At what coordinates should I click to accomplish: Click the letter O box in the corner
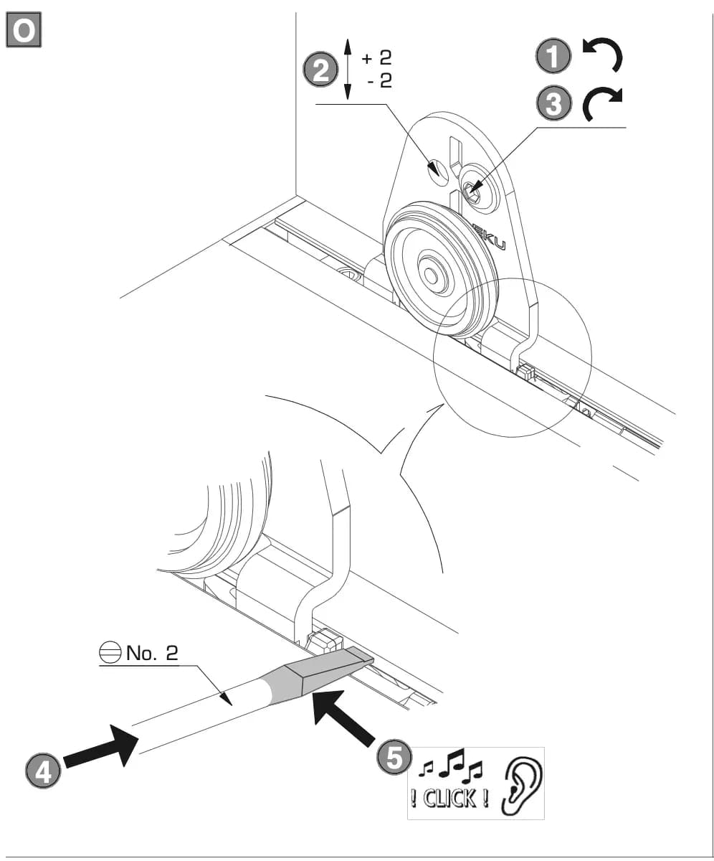[x=24, y=29]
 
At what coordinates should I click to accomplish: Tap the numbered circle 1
[x=553, y=56]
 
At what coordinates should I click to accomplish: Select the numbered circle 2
[x=320, y=70]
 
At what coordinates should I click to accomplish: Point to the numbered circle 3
[x=553, y=103]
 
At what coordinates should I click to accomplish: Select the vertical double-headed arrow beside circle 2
[x=347, y=70]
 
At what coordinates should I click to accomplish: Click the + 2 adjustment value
[x=376, y=57]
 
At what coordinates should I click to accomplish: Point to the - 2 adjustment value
[x=379, y=81]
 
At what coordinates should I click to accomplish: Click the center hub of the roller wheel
[x=432, y=274]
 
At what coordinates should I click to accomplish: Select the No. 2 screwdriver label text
[x=152, y=653]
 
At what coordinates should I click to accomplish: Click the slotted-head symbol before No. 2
[x=110, y=653]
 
